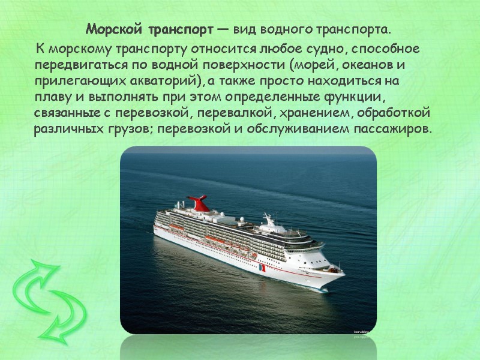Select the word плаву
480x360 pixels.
[x=51, y=97]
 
